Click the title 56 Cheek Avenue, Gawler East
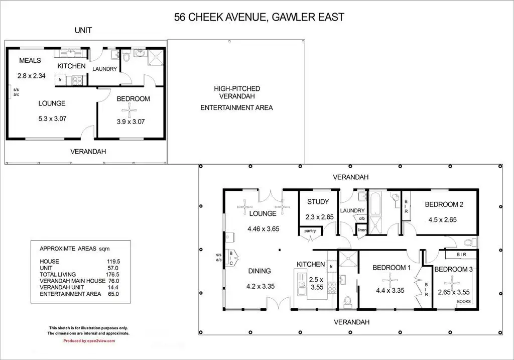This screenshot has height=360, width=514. tap(259, 17)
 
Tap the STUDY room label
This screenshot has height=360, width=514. tap(318, 202)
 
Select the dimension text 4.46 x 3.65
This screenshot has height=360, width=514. tap(263, 229)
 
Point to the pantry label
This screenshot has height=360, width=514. tap(310, 231)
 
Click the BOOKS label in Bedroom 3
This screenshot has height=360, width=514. tap(463, 302)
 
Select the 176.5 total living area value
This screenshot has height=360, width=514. tap(112, 275)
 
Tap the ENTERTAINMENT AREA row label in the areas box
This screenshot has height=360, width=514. tap(70, 294)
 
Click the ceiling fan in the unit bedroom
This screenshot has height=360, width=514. tap(130, 110)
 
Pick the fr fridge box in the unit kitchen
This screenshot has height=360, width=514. tap(60, 80)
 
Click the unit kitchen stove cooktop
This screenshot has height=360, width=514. tap(77, 81)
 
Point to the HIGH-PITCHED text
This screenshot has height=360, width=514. tap(237, 88)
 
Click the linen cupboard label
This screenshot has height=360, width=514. tap(362, 230)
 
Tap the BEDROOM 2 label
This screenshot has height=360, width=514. tap(444, 204)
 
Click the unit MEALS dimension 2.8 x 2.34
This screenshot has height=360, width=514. tap(32, 76)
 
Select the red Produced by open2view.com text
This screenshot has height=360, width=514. tap(89, 341)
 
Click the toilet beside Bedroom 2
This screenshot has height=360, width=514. tap(470, 243)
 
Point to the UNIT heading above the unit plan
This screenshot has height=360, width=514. tap(83, 31)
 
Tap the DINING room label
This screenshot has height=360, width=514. tap(260, 271)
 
